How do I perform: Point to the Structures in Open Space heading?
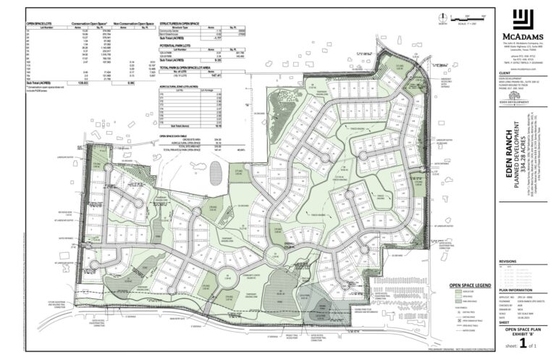179,23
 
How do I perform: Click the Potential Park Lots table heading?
176,45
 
